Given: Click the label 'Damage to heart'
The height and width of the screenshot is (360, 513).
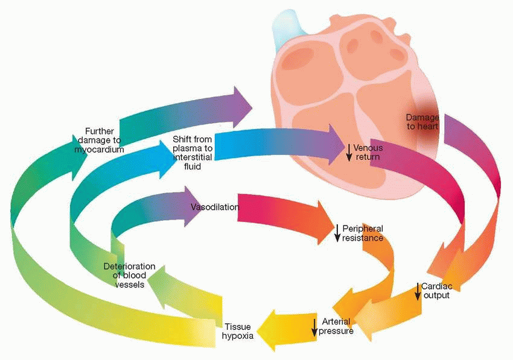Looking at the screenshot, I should click(x=422, y=121).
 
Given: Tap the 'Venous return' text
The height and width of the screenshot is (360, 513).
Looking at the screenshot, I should click(x=367, y=152).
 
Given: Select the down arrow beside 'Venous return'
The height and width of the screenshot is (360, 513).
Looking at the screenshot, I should click(x=348, y=152).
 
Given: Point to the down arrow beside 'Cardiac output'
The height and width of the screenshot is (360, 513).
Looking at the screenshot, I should click(x=418, y=291).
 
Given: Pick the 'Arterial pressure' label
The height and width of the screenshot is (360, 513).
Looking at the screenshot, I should click(x=336, y=326).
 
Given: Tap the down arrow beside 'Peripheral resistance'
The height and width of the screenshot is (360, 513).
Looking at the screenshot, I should click(x=337, y=233).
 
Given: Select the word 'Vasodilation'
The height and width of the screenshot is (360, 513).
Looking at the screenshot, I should click(x=214, y=207).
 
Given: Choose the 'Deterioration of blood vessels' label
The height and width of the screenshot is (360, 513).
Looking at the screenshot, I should click(x=129, y=275).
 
